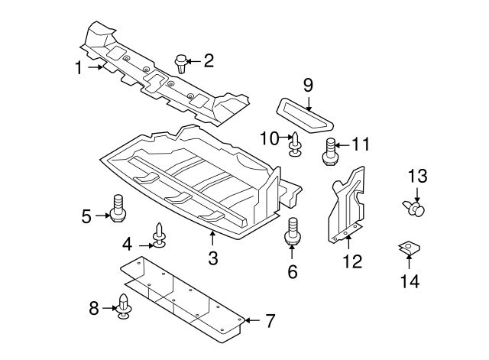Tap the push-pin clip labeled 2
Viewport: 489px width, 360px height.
coord(182,62)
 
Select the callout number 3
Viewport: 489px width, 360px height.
coord(213,258)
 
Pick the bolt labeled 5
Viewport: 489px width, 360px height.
coord(118,209)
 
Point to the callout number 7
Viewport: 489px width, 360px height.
coord(269,321)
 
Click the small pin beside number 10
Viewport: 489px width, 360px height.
coord(295,144)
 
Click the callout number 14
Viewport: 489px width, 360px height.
coord(410,281)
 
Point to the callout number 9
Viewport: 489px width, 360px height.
coord(309,83)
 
